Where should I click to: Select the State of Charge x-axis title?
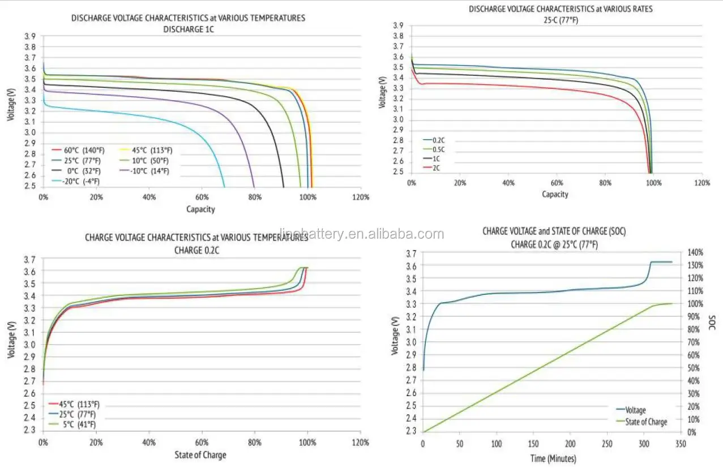(x=201, y=455)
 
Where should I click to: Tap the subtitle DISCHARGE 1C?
(x=188, y=28)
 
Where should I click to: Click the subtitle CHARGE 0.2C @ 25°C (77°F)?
(x=554, y=244)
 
